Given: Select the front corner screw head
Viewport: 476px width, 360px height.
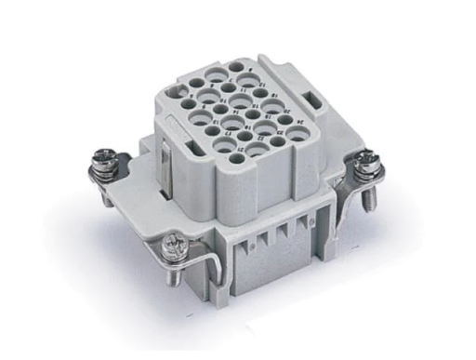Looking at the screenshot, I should [x=174, y=246].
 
